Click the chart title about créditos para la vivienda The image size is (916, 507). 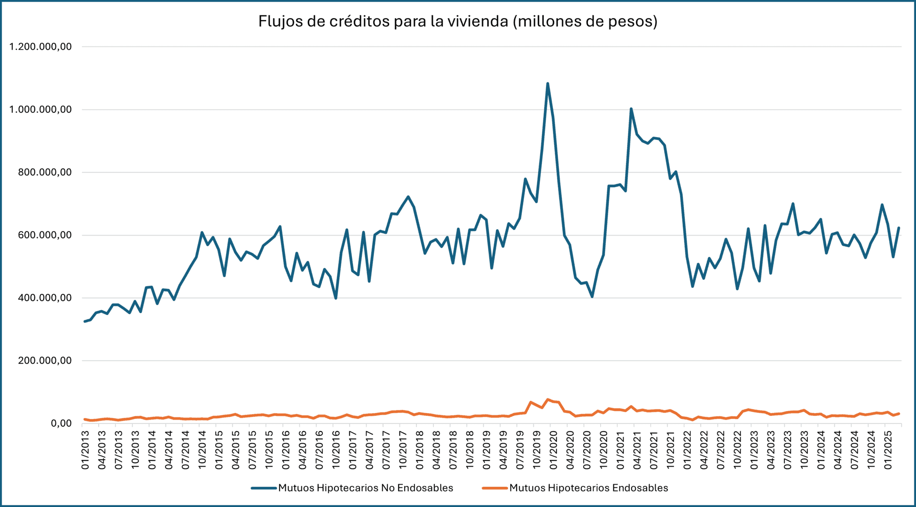coord(458,22)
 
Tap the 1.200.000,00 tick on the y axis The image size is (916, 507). coord(40,47)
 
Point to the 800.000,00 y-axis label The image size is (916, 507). coord(40,172)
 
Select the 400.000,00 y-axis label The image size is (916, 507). coord(40,298)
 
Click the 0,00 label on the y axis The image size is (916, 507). coord(61,423)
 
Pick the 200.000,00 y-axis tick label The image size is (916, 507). coord(40,361)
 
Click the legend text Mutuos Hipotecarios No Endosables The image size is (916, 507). coord(366,488)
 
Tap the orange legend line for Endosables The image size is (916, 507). coord(494,488)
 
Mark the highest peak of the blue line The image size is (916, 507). coord(548,84)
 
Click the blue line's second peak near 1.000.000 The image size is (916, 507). coord(631,108)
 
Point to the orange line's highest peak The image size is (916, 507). coord(548,399)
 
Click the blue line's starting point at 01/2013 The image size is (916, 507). coord(85,322)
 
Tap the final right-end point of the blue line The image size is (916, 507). coord(899,228)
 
